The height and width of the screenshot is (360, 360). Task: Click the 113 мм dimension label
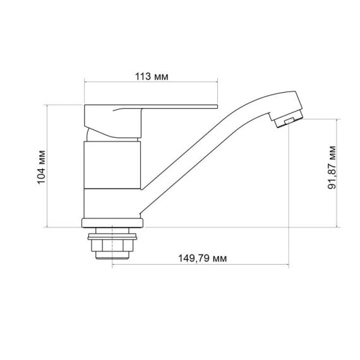152,76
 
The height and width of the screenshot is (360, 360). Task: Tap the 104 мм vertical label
42,166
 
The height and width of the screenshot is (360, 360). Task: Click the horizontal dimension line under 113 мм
152,83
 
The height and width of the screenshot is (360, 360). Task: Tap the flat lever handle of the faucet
152,109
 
